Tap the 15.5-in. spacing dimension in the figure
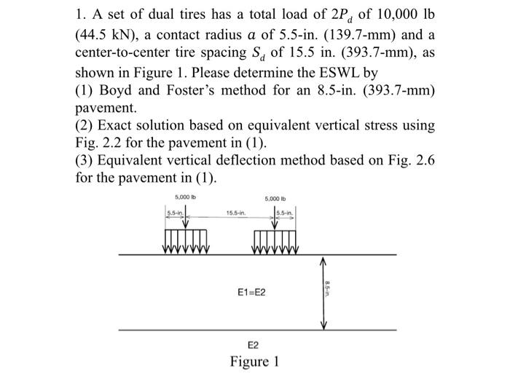[235, 213]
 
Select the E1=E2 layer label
[252, 293]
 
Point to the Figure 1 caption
[255, 362]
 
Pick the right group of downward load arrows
[275, 239]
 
